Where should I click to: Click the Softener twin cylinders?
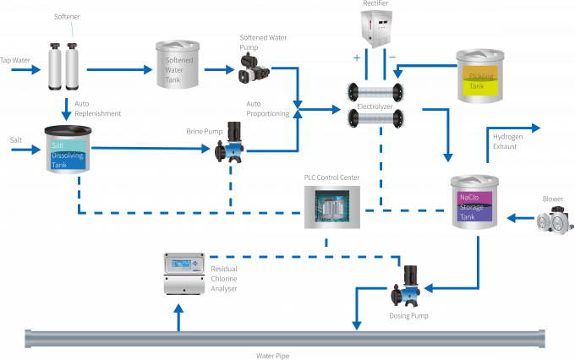[x=63, y=66]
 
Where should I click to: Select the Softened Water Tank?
[x=178, y=65]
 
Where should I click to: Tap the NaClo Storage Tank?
[x=475, y=204]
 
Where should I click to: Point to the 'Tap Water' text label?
[x=16, y=60]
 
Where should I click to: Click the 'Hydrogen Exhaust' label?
[x=507, y=140]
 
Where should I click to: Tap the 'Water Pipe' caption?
[x=272, y=356]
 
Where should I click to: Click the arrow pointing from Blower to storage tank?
[x=517, y=219]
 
